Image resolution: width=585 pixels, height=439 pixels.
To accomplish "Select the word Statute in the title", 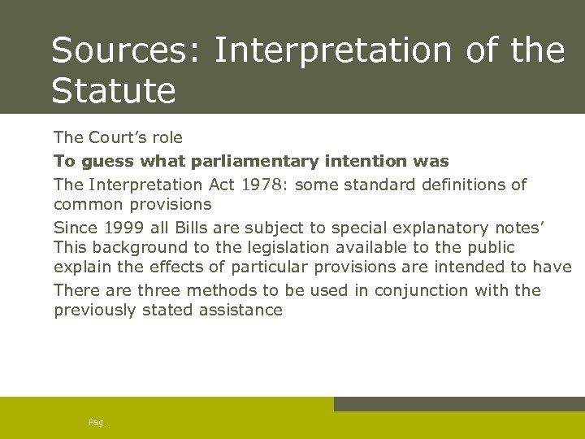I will [x=113, y=90].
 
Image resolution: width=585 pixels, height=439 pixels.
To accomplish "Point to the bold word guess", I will [x=103, y=161].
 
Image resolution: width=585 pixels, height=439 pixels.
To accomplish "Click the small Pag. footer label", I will [x=97, y=422].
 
